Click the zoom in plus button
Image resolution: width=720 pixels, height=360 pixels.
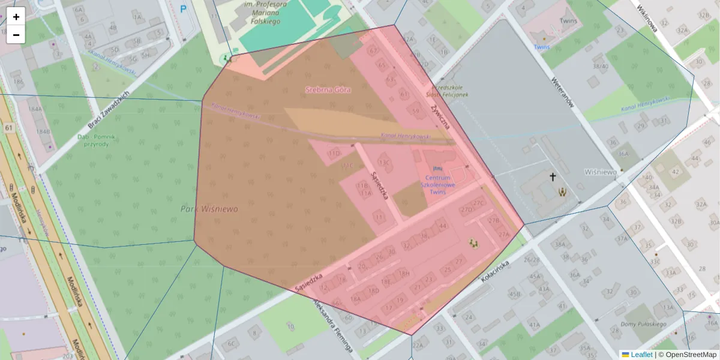point(16,17)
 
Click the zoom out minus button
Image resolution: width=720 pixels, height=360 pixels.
point(16,35)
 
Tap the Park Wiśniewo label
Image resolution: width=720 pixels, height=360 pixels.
point(209,209)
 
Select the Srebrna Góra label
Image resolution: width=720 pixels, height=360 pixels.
point(328,89)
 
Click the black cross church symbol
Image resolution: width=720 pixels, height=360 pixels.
point(553,177)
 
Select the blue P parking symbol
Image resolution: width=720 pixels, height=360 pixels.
point(184,9)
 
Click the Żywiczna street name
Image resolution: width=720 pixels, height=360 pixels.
point(439,115)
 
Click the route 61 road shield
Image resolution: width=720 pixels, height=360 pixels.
point(8,128)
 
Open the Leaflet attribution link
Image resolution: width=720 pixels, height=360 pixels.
point(641,355)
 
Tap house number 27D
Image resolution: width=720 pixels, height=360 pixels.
point(466,210)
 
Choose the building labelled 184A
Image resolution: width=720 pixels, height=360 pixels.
point(35,109)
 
